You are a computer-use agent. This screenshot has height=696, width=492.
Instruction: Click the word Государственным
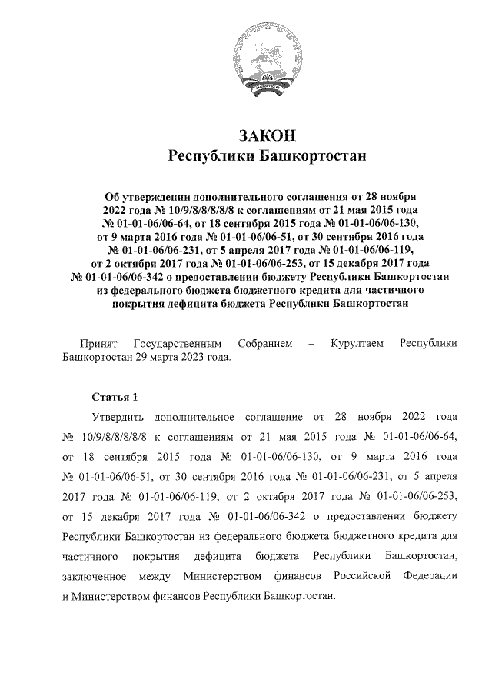[178, 342]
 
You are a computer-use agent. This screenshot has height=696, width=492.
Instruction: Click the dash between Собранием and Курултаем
[310, 342]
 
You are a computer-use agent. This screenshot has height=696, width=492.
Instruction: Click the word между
[158, 576]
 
